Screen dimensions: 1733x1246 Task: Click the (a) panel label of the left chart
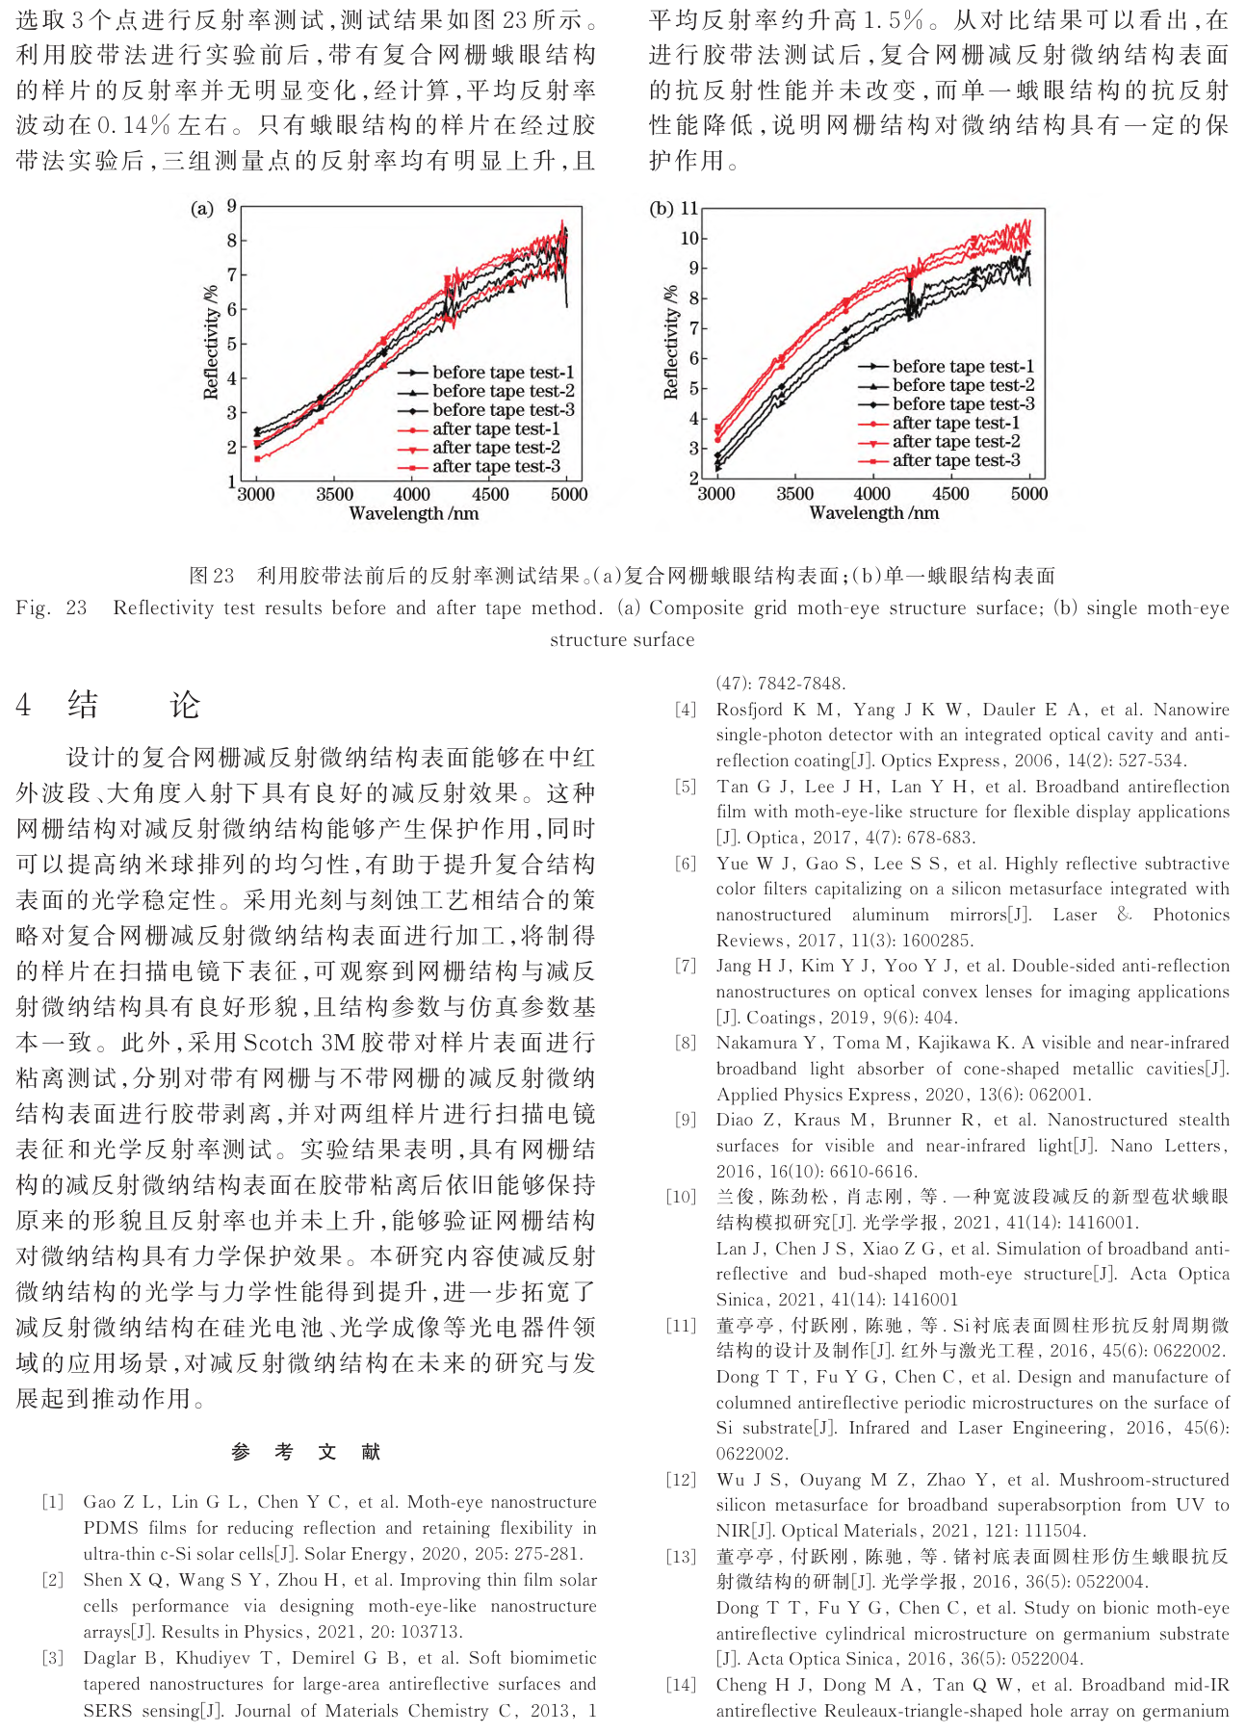pos(201,209)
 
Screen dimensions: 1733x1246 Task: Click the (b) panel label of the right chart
pos(662,209)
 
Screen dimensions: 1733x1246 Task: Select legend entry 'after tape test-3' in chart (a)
pos(496,466)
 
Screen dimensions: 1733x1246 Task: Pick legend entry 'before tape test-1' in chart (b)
pos(962,366)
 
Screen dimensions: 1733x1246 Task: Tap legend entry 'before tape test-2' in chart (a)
pos(503,391)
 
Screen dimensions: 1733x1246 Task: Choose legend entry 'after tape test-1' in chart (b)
pos(955,423)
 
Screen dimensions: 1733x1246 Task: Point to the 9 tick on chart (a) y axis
pos(231,206)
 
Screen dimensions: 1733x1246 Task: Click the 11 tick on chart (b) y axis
pos(689,208)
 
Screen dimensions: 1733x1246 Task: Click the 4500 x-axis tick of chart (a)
pos(490,495)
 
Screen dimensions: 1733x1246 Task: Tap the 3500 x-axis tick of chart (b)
pos(794,494)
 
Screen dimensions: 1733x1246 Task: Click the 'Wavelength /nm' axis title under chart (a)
pos(413,514)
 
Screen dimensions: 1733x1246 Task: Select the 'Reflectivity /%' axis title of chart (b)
pos(671,342)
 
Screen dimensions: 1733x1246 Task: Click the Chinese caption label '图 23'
pos(212,576)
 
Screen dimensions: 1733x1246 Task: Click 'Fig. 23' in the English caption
pos(51,608)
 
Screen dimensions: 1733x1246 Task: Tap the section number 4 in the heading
pos(23,705)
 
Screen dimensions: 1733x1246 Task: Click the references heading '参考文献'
pos(306,1452)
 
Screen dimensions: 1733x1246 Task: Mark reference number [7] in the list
pos(685,966)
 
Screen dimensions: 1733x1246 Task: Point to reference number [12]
pos(681,1480)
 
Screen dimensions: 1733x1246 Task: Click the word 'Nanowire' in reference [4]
pos(1191,710)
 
